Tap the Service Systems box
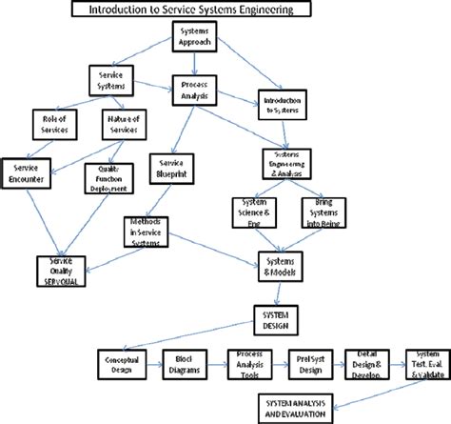pos(111,79)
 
